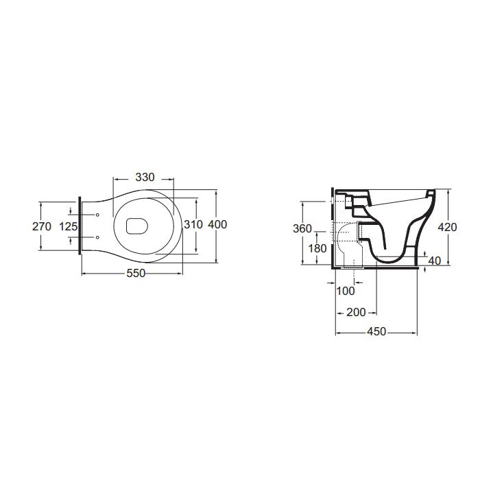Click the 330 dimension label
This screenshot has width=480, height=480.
click(145, 177)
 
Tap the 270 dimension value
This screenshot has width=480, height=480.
click(42, 227)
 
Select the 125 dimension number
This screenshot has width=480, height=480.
click(69, 227)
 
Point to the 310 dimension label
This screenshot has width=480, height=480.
click(193, 224)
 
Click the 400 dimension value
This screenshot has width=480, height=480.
click(217, 224)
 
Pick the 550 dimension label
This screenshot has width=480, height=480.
click(136, 273)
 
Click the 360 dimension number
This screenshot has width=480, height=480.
click(302, 228)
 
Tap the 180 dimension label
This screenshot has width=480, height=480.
click(317, 248)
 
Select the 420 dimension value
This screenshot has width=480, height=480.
click(447, 227)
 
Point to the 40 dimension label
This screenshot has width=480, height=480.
click(435, 261)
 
